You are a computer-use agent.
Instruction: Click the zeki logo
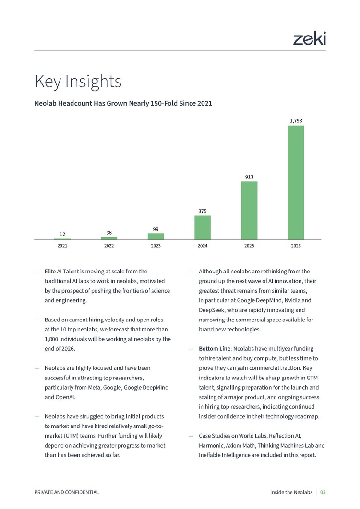point(309,39)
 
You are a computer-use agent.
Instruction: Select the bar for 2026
point(296,182)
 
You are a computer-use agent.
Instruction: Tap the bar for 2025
point(249,210)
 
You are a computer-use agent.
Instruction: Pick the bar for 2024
point(203,227)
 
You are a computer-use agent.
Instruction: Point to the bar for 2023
point(156,237)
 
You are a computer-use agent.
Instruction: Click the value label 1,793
point(296,121)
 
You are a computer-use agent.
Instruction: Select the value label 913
point(249,177)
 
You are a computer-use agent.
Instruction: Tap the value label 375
point(203,211)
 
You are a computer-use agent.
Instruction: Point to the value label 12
point(62,234)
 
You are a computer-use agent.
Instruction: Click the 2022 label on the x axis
point(109,246)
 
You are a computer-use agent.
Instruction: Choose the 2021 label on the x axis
point(62,246)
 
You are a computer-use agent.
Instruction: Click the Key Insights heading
point(78,81)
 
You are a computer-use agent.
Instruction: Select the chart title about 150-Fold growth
point(123,103)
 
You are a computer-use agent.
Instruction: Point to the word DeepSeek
point(212,310)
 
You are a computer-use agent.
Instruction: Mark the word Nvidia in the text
point(293,300)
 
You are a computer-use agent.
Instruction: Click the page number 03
point(323,492)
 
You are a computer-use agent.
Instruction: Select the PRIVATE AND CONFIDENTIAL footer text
point(67,492)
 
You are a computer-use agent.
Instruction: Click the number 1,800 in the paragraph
point(51,339)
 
